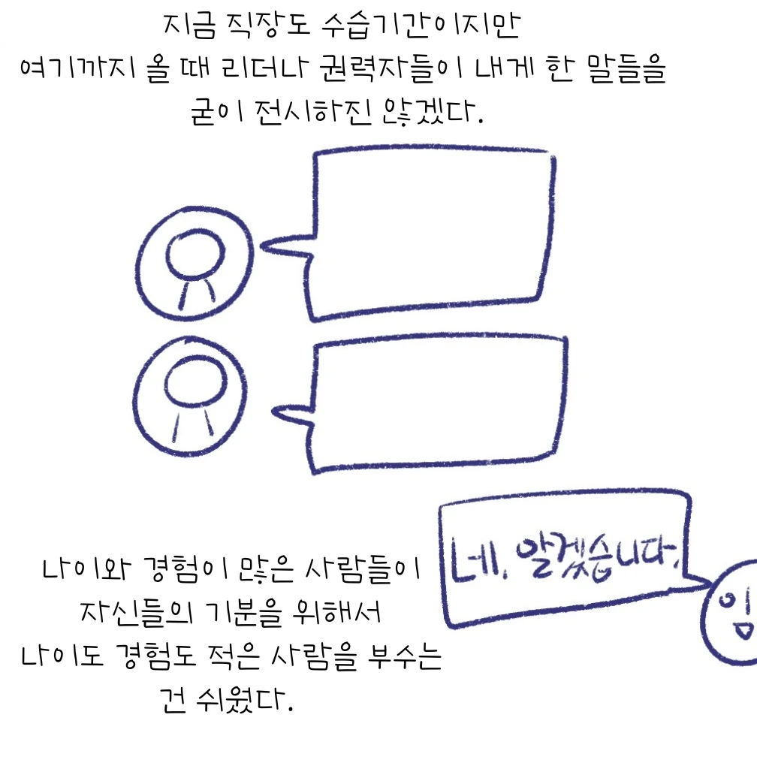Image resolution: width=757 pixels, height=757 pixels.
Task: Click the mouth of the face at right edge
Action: point(744,629)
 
